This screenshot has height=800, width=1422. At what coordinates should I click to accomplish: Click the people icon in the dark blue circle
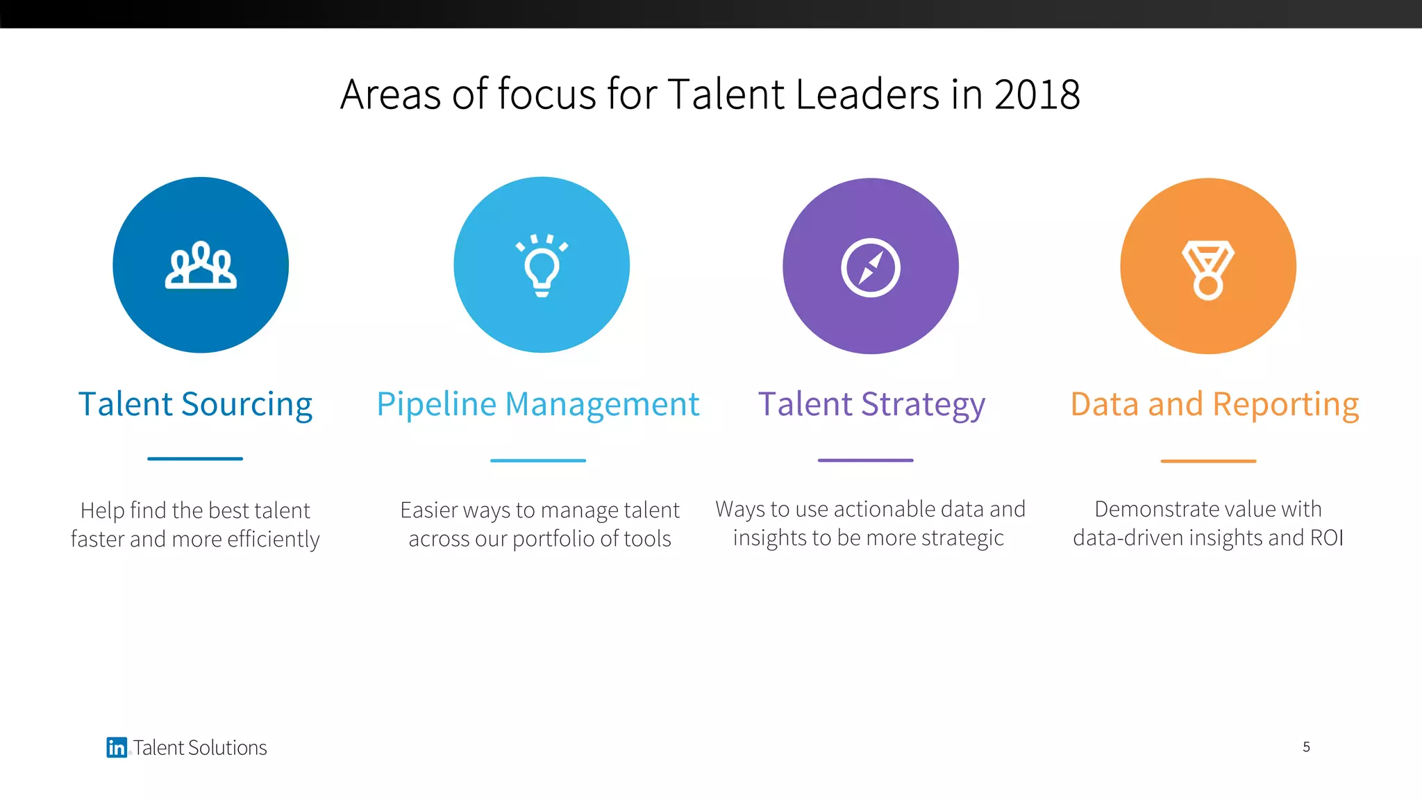tap(201, 265)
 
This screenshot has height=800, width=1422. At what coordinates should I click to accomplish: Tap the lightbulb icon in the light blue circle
tap(542, 266)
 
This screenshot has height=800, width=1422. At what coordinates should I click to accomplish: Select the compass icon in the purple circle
tap(871, 267)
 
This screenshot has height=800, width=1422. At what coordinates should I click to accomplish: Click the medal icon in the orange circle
tap(1208, 269)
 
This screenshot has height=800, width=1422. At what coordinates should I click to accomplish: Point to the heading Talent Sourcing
tap(195, 404)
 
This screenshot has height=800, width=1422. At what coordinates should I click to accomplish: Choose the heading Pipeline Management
tap(538, 404)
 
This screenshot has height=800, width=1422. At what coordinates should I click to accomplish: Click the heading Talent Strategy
tap(871, 404)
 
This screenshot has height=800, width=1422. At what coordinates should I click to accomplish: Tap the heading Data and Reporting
tap(1214, 404)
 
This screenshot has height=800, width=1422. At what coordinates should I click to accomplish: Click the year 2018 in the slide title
tap(1037, 94)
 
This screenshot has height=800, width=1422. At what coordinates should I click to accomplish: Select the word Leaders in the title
tap(868, 94)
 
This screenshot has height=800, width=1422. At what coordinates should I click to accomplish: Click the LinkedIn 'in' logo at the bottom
tap(117, 747)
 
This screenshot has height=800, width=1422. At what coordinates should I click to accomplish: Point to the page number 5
tap(1306, 747)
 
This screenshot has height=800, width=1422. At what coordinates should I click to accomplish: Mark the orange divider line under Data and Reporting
tap(1208, 461)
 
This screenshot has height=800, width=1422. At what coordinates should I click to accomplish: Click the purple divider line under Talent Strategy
tap(865, 460)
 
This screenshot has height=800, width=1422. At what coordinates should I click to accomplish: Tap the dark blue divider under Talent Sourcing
tap(195, 459)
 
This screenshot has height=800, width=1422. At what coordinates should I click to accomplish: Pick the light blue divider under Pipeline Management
tap(538, 460)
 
